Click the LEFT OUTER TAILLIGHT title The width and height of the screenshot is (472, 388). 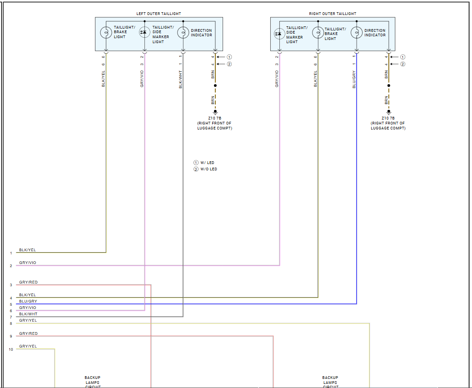click(x=159, y=14)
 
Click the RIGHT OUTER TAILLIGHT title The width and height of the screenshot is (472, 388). click(x=333, y=14)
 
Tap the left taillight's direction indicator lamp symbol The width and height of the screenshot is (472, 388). click(x=183, y=33)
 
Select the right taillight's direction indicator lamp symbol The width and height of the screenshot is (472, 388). click(x=357, y=33)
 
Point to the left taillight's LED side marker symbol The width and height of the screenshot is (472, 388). click(x=144, y=32)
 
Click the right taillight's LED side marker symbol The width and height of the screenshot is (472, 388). click(x=279, y=33)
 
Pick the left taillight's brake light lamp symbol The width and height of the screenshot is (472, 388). click(x=106, y=33)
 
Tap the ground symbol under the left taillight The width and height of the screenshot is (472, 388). click(x=215, y=111)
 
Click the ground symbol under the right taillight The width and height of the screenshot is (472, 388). click(x=388, y=111)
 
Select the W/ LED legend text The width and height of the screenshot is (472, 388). click(x=207, y=163)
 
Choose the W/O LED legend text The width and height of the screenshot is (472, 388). click(x=209, y=169)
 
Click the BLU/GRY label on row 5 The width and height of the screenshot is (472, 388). click(x=28, y=301)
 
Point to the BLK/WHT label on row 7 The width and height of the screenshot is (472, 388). click(x=28, y=314)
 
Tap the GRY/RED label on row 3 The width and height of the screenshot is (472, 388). click(x=28, y=282)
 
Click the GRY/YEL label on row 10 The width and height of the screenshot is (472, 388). click(x=28, y=346)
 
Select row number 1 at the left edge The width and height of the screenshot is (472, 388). click(x=11, y=253)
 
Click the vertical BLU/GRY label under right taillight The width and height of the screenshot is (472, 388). click(x=354, y=79)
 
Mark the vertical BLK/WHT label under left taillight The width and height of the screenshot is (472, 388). click(x=180, y=79)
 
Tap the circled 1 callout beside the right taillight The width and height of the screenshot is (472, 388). click(x=402, y=57)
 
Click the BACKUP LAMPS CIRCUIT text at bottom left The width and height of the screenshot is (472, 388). click(x=92, y=382)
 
